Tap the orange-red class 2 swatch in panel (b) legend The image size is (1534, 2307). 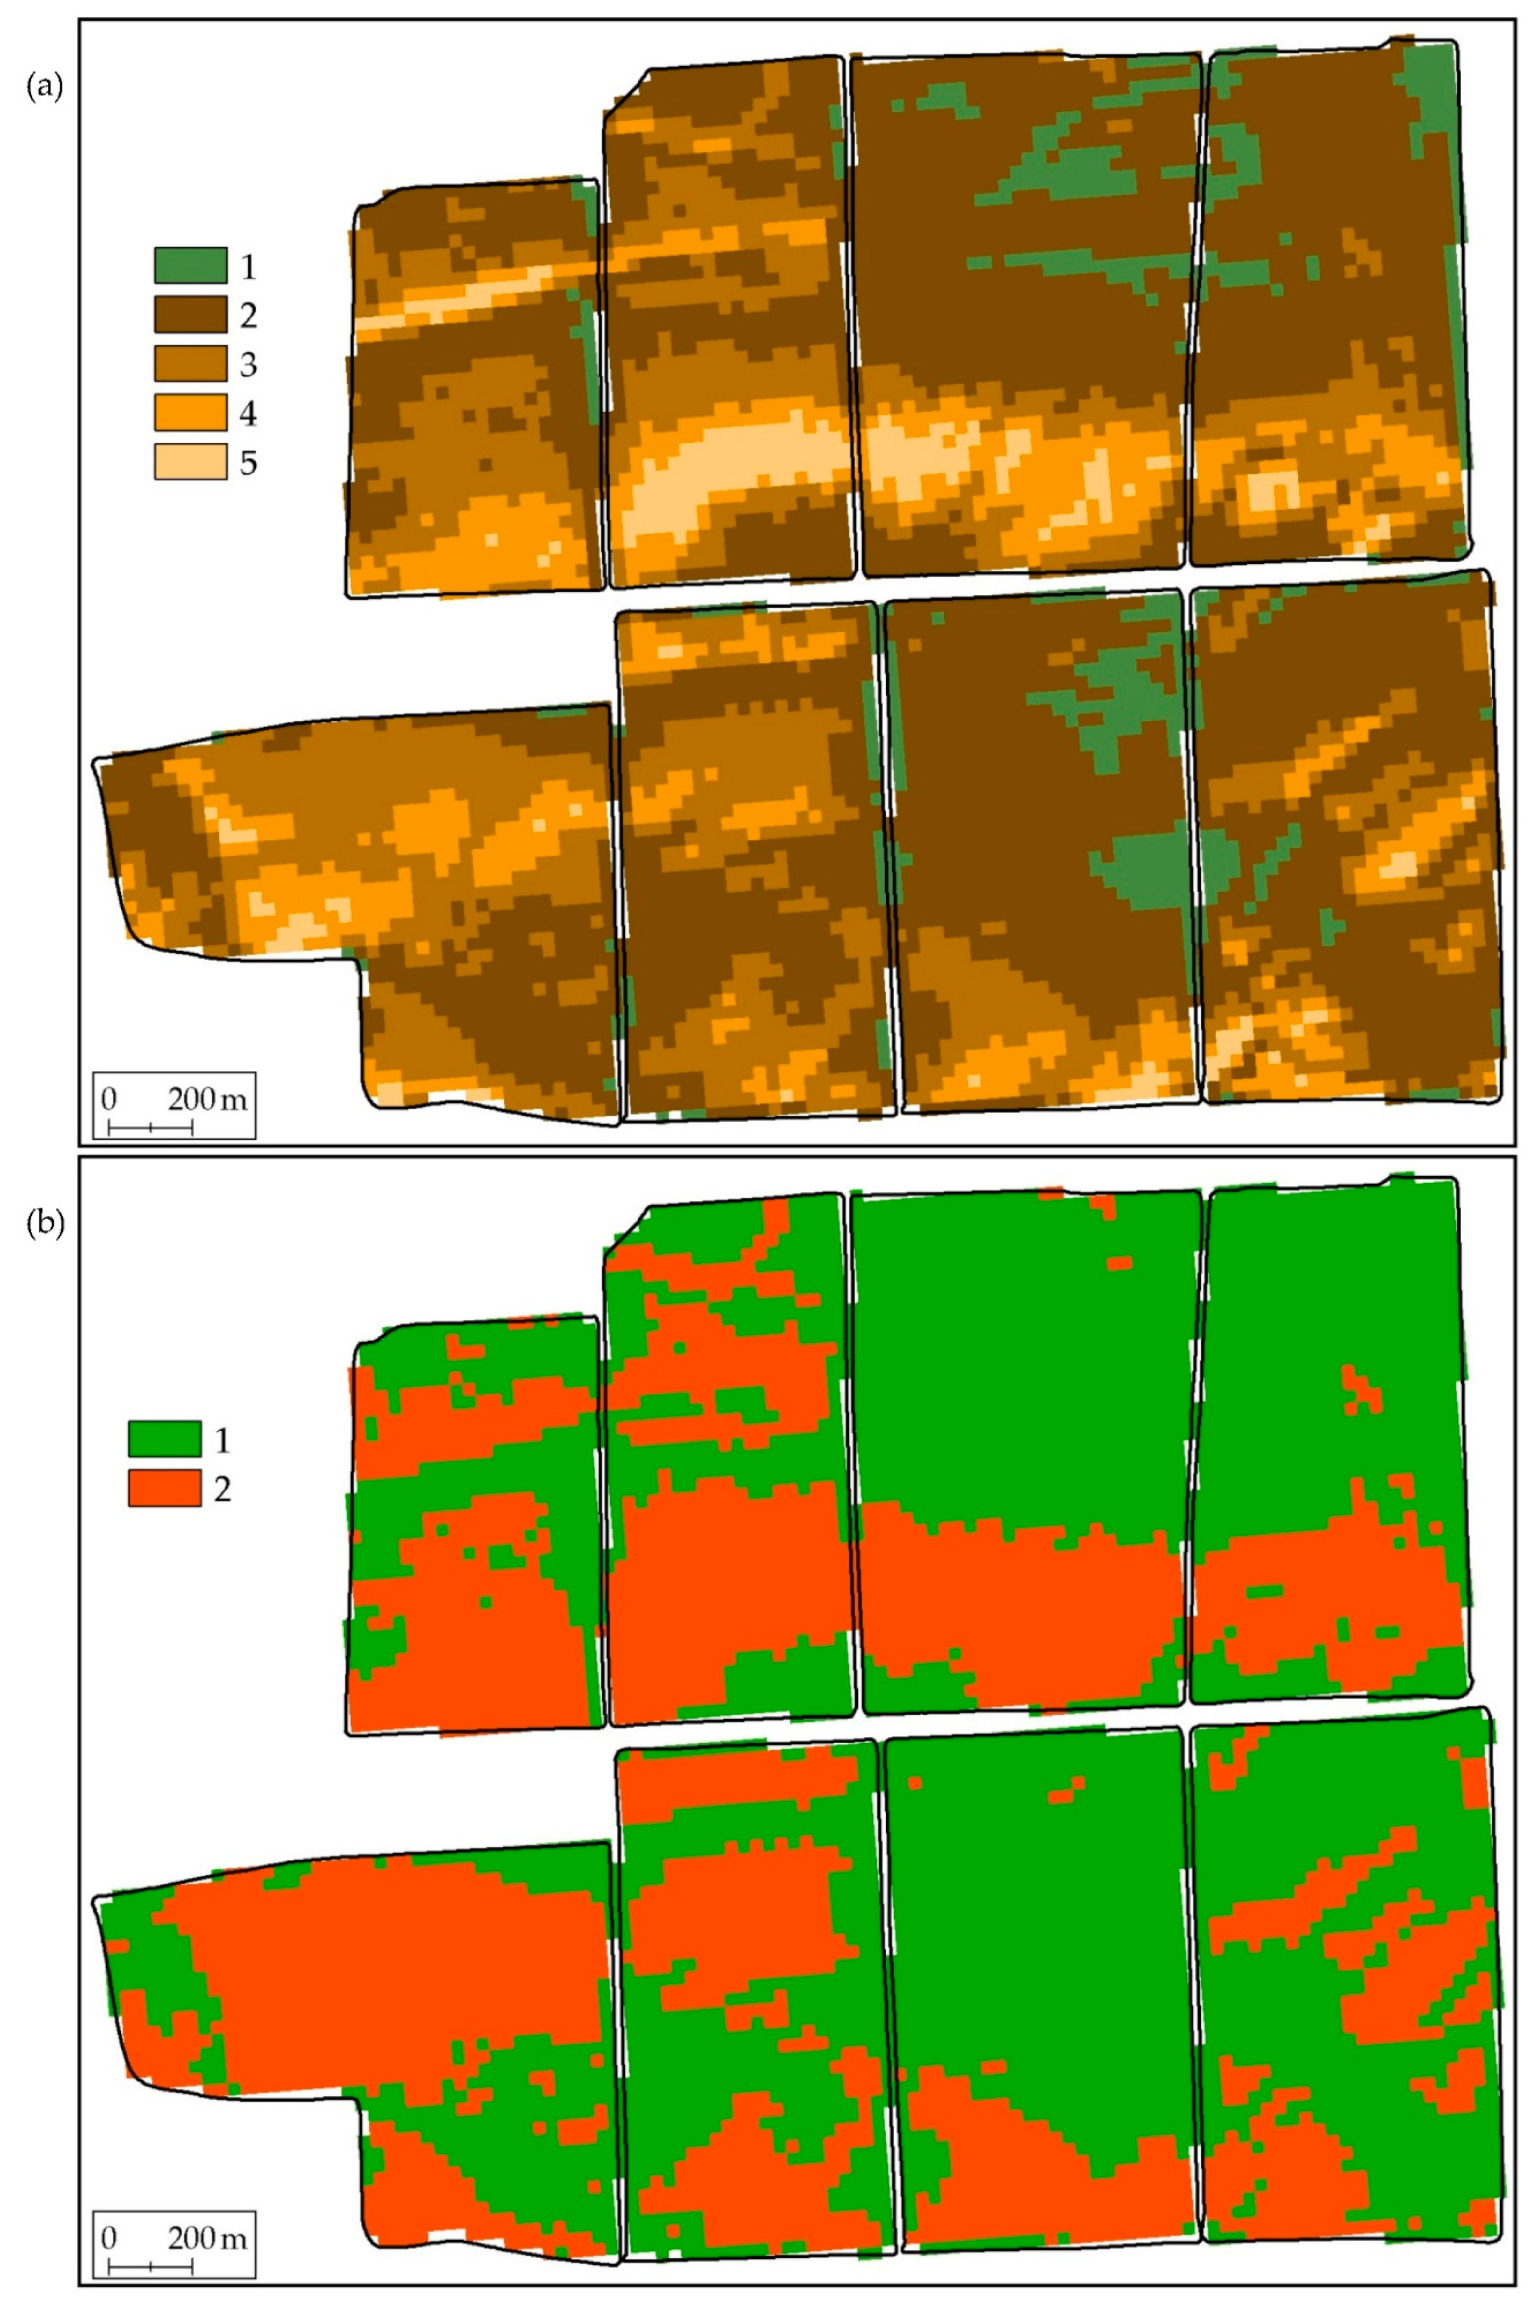(164, 1488)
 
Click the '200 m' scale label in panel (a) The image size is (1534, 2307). (208, 1099)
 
